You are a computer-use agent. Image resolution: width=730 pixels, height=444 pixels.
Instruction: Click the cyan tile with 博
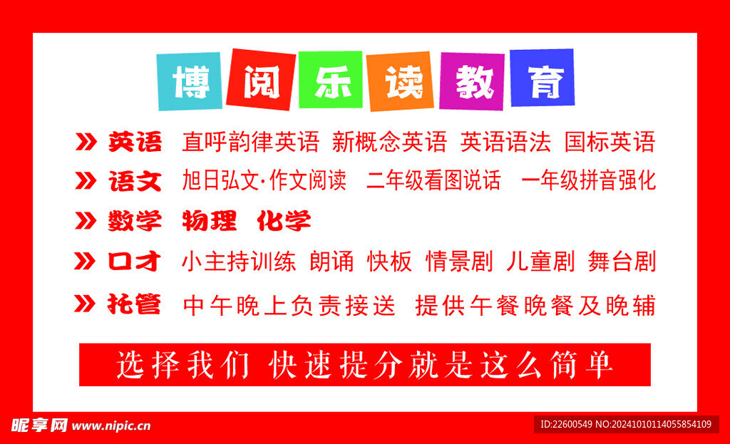(x=190, y=81)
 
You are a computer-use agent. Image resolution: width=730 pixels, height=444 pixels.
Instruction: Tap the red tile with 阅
(x=260, y=79)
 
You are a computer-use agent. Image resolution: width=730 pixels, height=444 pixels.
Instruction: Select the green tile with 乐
(x=331, y=81)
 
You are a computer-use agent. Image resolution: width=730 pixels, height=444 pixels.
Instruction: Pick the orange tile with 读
(x=401, y=81)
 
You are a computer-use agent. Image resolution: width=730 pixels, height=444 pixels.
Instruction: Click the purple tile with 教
(x=472, y=81)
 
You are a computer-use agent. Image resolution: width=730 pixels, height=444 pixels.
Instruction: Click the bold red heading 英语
(x=135, y=142)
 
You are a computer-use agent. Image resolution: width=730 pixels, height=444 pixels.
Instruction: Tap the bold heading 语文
(x=135, y=181)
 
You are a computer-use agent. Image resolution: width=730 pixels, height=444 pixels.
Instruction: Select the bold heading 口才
(x=135, y=262)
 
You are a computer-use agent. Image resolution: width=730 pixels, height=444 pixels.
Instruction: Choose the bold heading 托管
(x=135, y=305)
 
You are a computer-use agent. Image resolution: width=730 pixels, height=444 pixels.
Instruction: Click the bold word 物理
(x=209, y=221)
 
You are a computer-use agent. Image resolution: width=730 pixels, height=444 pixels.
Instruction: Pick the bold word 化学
(x=284, y=221)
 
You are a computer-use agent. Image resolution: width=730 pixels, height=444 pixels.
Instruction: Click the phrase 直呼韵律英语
(x=250, y=142)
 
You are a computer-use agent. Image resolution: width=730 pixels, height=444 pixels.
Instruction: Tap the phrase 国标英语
(x=610, y=142)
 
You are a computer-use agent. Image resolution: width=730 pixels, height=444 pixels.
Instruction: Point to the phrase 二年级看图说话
(x=433, y=181)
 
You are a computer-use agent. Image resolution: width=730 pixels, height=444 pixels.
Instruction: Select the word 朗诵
(x=331, y=262)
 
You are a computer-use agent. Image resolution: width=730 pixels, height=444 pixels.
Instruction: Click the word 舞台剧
(x=622, y=262)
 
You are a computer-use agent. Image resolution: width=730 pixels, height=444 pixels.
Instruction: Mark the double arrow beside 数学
(x=86, y=222)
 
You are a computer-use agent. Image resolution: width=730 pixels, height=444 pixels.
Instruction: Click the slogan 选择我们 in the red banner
(x=183, y=365)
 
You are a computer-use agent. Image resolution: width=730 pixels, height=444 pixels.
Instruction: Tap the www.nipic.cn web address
(x=111, y=426)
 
